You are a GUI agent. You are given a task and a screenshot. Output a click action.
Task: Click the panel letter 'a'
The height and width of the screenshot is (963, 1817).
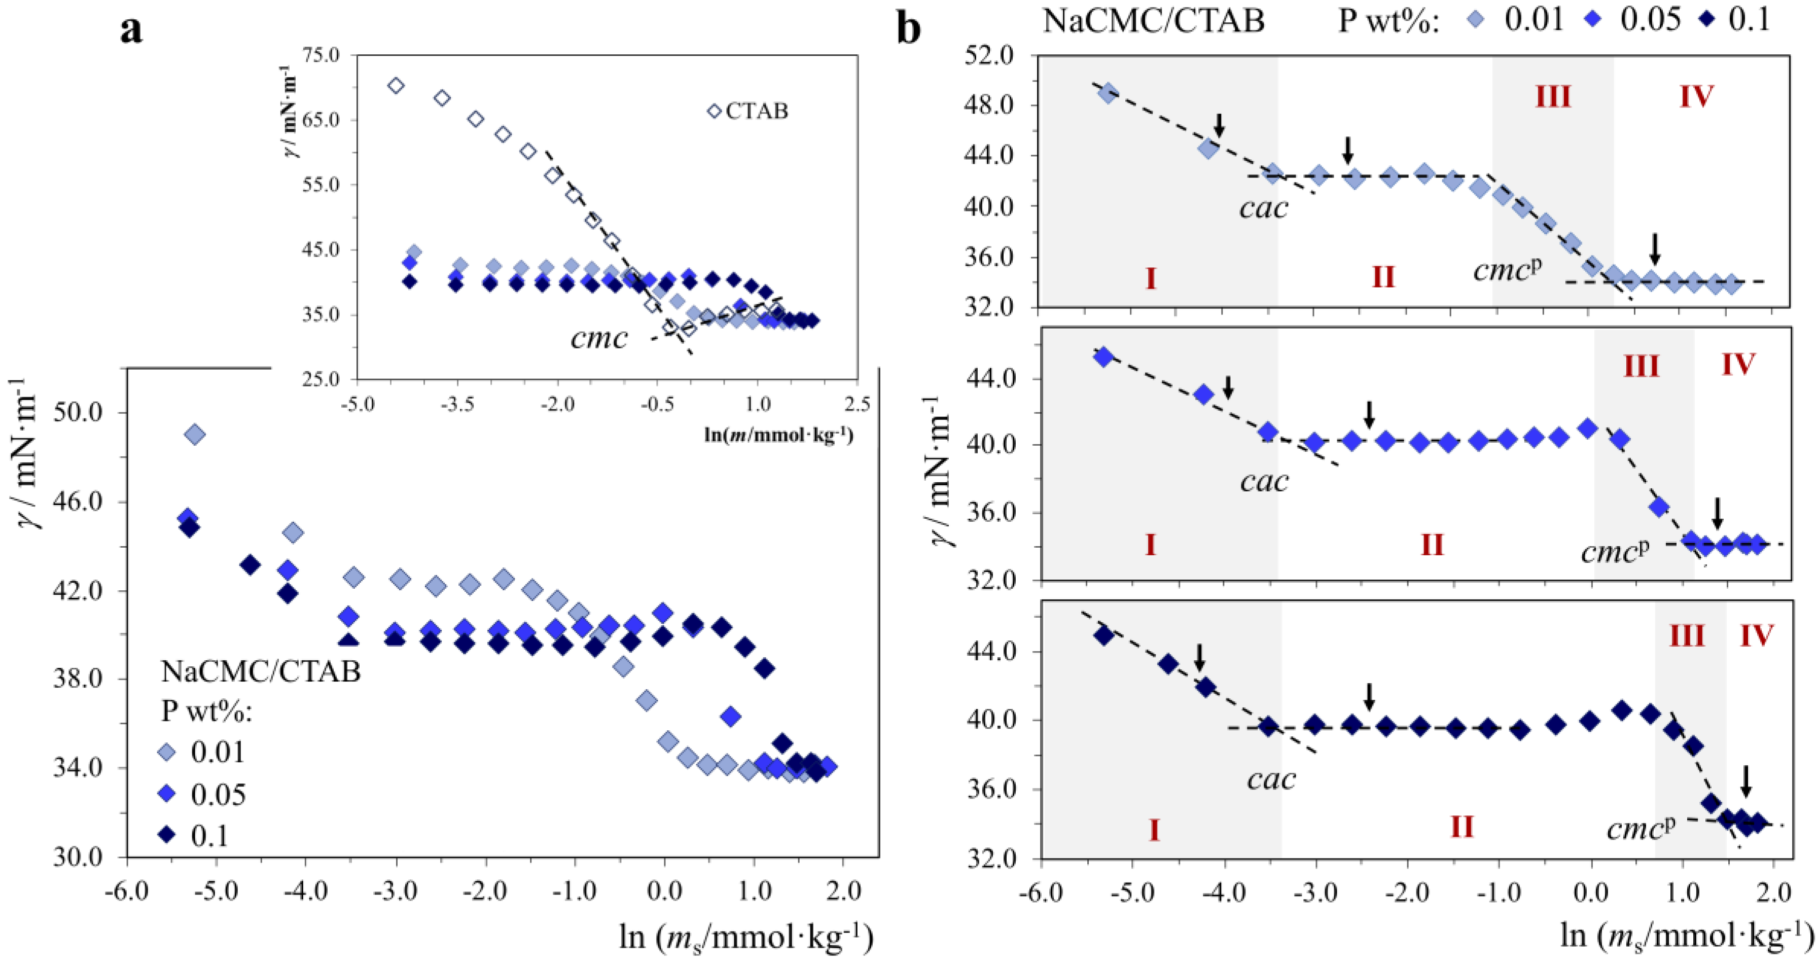(x=131, y=29)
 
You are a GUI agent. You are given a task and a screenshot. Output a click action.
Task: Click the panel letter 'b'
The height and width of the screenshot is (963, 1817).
(x=909, y=29)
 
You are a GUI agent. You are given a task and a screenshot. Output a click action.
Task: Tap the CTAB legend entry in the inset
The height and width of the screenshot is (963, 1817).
(x=749, y=111)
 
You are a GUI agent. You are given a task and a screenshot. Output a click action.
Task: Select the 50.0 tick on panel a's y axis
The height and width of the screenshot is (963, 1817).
(x=78, y=412)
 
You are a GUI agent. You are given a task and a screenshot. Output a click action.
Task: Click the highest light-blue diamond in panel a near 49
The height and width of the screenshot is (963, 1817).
(x=195, y=435)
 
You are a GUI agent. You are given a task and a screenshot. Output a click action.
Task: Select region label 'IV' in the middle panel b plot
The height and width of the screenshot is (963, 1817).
(x=1737, y=365)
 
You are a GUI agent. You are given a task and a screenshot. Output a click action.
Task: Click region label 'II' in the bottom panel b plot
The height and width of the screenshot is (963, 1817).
(x=1462, y=826)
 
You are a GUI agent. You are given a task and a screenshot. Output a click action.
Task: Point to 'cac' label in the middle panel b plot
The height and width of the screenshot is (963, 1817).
(x=1264, y=482)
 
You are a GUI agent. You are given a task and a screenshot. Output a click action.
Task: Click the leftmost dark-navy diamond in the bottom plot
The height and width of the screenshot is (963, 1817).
(x=1104, y=635)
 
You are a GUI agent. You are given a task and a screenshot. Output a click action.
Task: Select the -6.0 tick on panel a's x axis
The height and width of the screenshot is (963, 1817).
(x=127, y=891)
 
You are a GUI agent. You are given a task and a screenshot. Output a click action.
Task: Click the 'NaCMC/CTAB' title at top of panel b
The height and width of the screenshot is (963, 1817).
(x=1153, y=20)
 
